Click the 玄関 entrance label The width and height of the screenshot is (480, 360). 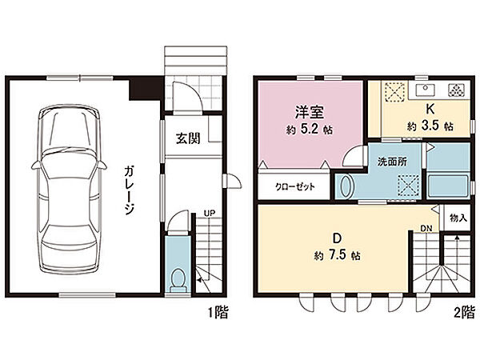pyautogui.click(x=188, y=136)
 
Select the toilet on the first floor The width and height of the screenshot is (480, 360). pyautogui.click(x=178, y=278)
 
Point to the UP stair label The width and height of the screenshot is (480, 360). pyautogui.click(x=209, y=213)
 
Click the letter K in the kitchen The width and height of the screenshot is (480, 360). pyautogui.click(x=429, y=110)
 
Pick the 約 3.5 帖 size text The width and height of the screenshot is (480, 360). pyautogui.click(x=429, y=126)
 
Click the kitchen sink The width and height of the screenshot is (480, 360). pyautogui.click(x=425, y=87)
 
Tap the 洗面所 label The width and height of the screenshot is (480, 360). pyautogui.click(x=392, y=160)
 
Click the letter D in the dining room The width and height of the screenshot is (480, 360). pyautogui.click(x=336, y=238)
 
